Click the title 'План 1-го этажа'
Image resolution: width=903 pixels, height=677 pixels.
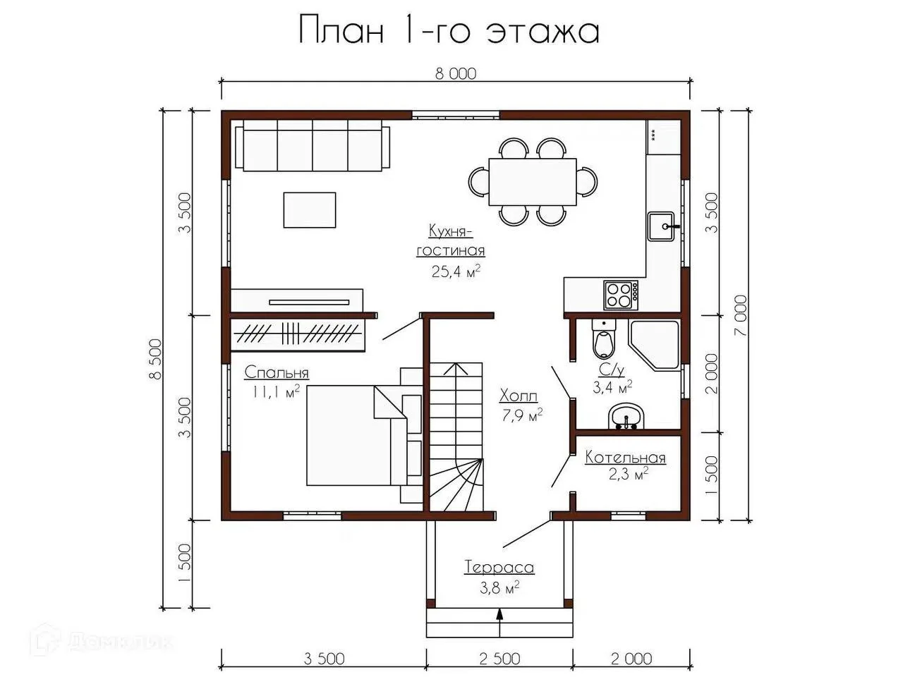point(449,30)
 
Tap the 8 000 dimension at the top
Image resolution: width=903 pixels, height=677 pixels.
point(456,73)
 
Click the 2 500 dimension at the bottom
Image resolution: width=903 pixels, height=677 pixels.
point(499,659)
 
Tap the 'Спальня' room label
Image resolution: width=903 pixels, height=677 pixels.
point(277,373)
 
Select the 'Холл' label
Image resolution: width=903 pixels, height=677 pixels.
point(519,396)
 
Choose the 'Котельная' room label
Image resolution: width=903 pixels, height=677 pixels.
point(625,458)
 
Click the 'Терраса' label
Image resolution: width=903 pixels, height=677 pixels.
point(499,568)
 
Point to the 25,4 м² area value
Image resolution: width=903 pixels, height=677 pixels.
point(456,272)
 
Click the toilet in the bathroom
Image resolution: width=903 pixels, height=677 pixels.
point(604,338)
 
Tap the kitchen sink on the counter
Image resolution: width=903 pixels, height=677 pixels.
point(662,226)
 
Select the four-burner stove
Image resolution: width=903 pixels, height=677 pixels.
point(622,295)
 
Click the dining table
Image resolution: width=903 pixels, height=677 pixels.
point(533,182)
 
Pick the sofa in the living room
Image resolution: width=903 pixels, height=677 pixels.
point(313,145)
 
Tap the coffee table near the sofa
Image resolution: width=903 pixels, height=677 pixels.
point(310,210)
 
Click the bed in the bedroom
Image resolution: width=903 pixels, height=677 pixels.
point(357,435)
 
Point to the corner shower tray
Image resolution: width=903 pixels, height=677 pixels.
point(653,344)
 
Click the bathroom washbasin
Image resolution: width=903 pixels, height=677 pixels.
point(626,416)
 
